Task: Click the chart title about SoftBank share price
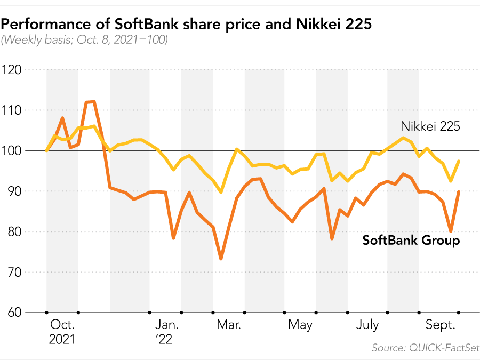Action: click(x=186, y=24)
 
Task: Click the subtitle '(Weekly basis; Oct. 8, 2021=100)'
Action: click(x=85, y=40)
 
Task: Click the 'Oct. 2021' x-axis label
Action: click(x=62, y=332)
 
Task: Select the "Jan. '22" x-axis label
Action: click(x=167, y=332)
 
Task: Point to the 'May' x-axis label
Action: click(x=300, y=325)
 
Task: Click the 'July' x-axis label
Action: click(x=367, y=325)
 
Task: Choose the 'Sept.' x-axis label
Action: click(x=440, y=325)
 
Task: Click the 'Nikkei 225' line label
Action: click(x=430, y=126)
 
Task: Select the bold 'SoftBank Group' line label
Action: click(x=411, y=241)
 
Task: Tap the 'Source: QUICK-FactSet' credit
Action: click(x=425, y=348)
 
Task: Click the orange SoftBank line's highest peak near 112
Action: click(x=91, y=102)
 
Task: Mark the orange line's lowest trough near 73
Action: click(x=221, y=259)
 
